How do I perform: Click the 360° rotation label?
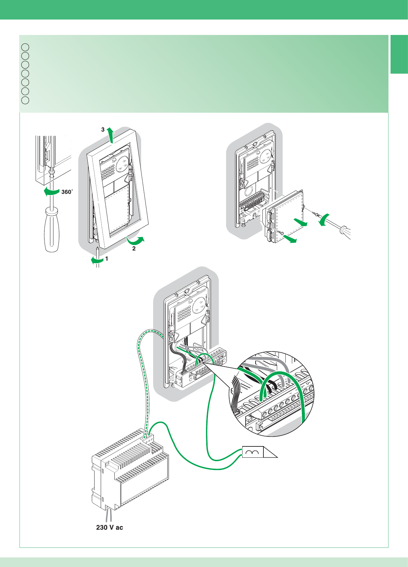[67, 192]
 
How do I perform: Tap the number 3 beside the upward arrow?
[103, 130]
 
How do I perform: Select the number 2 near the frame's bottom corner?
[134, 248]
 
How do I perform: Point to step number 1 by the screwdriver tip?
[107, 259]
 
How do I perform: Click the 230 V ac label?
[109, 528]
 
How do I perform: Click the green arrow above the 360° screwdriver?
[51, 192]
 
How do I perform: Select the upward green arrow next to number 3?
[110, 134]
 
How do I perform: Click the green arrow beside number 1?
[97, 261]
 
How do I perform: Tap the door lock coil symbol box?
[253, 452]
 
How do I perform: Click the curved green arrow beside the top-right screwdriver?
[324, 219]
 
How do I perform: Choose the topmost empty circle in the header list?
[25, 47]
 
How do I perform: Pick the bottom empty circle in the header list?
[25, 100]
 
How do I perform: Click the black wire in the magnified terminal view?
[271, 387]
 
